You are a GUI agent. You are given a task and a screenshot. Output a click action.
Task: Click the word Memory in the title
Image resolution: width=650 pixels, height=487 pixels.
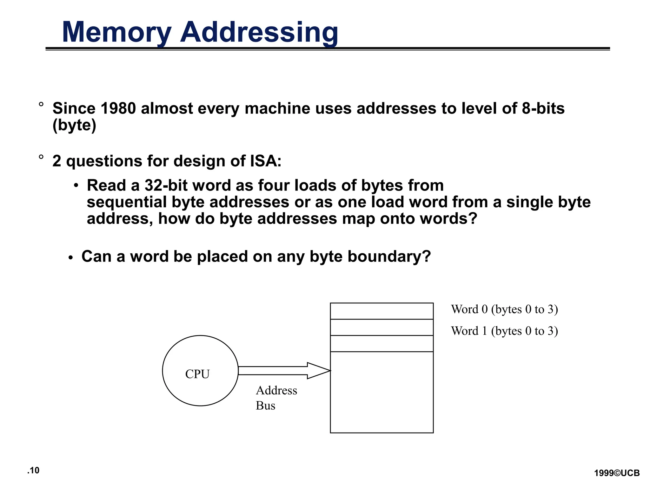click(116, 32)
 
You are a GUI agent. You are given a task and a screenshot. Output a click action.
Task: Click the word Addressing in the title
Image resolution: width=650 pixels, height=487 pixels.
click(259, 32)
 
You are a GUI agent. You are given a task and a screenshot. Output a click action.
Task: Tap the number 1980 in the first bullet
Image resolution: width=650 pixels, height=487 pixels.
click(118, 108)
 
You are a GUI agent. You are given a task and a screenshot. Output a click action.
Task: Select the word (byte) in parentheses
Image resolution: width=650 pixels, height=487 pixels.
click(74, 125)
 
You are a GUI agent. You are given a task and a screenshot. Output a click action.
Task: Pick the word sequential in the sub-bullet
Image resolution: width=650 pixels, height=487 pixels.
click(127, 202)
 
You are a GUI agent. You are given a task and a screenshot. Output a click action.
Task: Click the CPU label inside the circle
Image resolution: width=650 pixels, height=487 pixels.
click(197, 374)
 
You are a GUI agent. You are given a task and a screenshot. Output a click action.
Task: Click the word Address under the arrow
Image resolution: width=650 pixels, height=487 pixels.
click(276, 391)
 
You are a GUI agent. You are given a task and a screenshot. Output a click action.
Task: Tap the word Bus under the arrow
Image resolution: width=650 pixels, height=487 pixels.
click(265, 406)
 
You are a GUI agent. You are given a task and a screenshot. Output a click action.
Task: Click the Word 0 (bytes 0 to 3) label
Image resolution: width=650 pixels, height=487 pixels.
click(504, 309)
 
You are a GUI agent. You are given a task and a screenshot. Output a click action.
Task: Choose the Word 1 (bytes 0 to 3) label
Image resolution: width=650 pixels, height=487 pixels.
click(504, 331)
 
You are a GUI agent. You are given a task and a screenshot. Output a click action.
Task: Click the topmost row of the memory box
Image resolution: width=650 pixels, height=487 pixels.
click(381, 311)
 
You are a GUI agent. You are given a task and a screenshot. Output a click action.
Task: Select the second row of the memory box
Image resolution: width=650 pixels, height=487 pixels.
click(381, 327)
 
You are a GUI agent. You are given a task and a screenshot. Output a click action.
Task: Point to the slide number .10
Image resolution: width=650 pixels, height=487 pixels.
click(33, 471)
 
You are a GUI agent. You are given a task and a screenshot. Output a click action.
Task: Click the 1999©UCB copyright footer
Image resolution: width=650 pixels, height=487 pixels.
click(617, 473)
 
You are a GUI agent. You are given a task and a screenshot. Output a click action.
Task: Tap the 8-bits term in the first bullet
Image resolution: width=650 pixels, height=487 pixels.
click(543, 108)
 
